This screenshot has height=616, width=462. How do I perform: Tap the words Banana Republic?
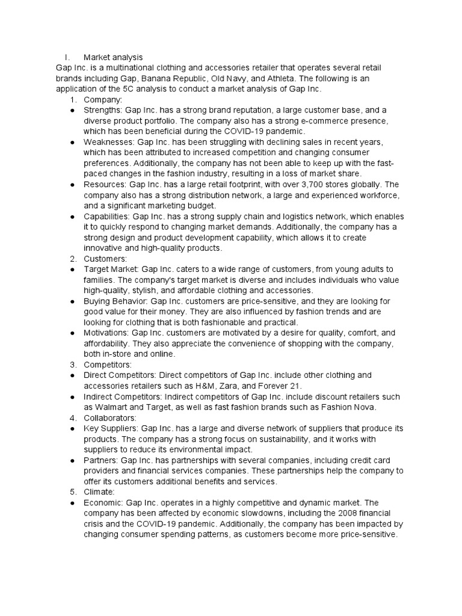coord(179,78)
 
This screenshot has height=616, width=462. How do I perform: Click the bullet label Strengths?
coord(103,110)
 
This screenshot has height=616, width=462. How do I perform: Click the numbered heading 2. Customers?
coord(102,259)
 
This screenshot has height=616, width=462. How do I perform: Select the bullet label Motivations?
coord(106,333)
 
